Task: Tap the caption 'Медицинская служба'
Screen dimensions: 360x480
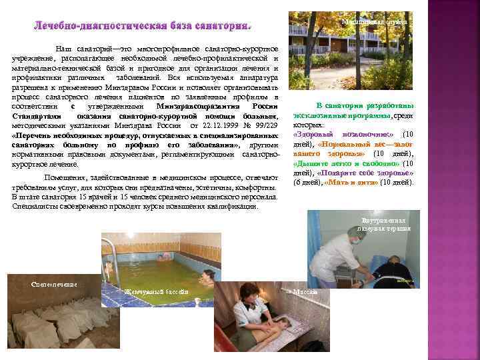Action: coord(374,22)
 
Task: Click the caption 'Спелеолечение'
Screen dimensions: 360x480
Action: coord(55,285)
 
